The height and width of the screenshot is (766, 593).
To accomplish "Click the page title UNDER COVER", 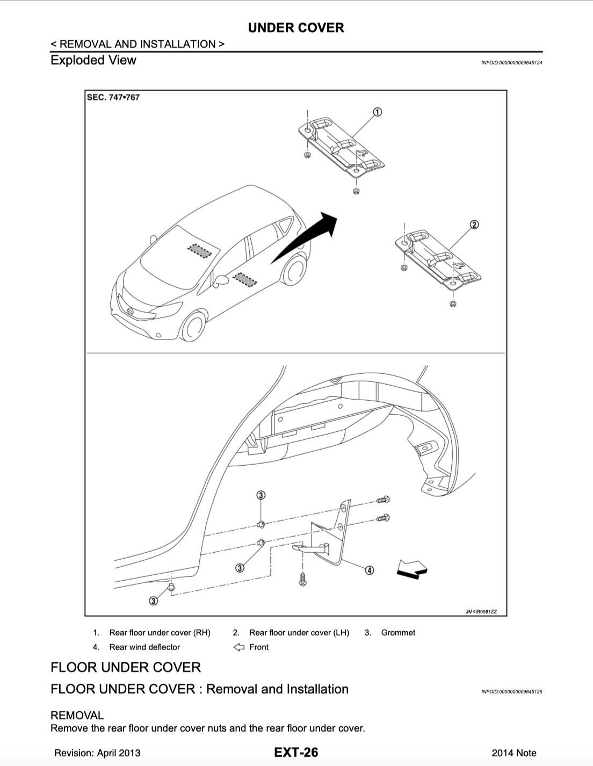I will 296,28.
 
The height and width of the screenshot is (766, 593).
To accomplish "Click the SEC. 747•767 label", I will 113,97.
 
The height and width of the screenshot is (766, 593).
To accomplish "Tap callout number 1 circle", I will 378,112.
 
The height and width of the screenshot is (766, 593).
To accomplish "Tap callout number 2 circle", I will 474,225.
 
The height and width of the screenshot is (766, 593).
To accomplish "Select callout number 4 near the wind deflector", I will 370,570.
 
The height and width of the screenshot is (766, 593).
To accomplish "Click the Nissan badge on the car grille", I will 129,312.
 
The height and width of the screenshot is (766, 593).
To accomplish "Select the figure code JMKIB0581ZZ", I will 481,611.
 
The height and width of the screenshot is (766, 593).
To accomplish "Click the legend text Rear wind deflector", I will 144,647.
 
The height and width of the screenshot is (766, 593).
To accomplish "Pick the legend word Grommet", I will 398,633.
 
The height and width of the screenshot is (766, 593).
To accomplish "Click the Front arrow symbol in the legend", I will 238,647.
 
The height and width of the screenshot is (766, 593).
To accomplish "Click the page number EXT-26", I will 296,753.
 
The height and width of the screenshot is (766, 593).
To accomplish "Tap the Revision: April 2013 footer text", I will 97,753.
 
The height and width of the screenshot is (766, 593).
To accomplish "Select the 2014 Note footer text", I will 514,753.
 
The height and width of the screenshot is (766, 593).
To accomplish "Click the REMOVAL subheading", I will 77,715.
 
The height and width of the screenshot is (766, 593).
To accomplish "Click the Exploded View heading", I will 93,60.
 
